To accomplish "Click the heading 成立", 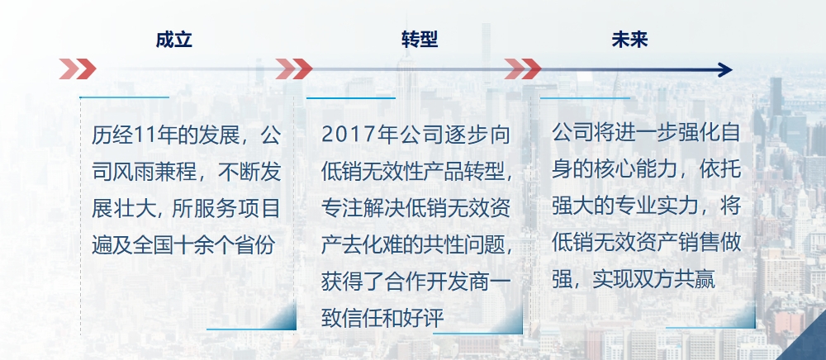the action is tap(173, 40).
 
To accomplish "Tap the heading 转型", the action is tap(420, 40).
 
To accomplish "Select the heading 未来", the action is tap(629, 40).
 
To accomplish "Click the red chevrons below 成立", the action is tap(78, 69).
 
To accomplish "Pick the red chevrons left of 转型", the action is tap(293, 69).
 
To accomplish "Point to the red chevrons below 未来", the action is tap(523, 69).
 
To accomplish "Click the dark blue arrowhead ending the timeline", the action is tap(725, 69).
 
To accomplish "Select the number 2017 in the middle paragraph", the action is tap(341, 135).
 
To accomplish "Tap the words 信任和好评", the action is tap(396, 319).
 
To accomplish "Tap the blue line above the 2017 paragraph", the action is tap(351, 98).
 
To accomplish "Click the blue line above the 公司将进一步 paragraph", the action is tap(586, 98).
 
